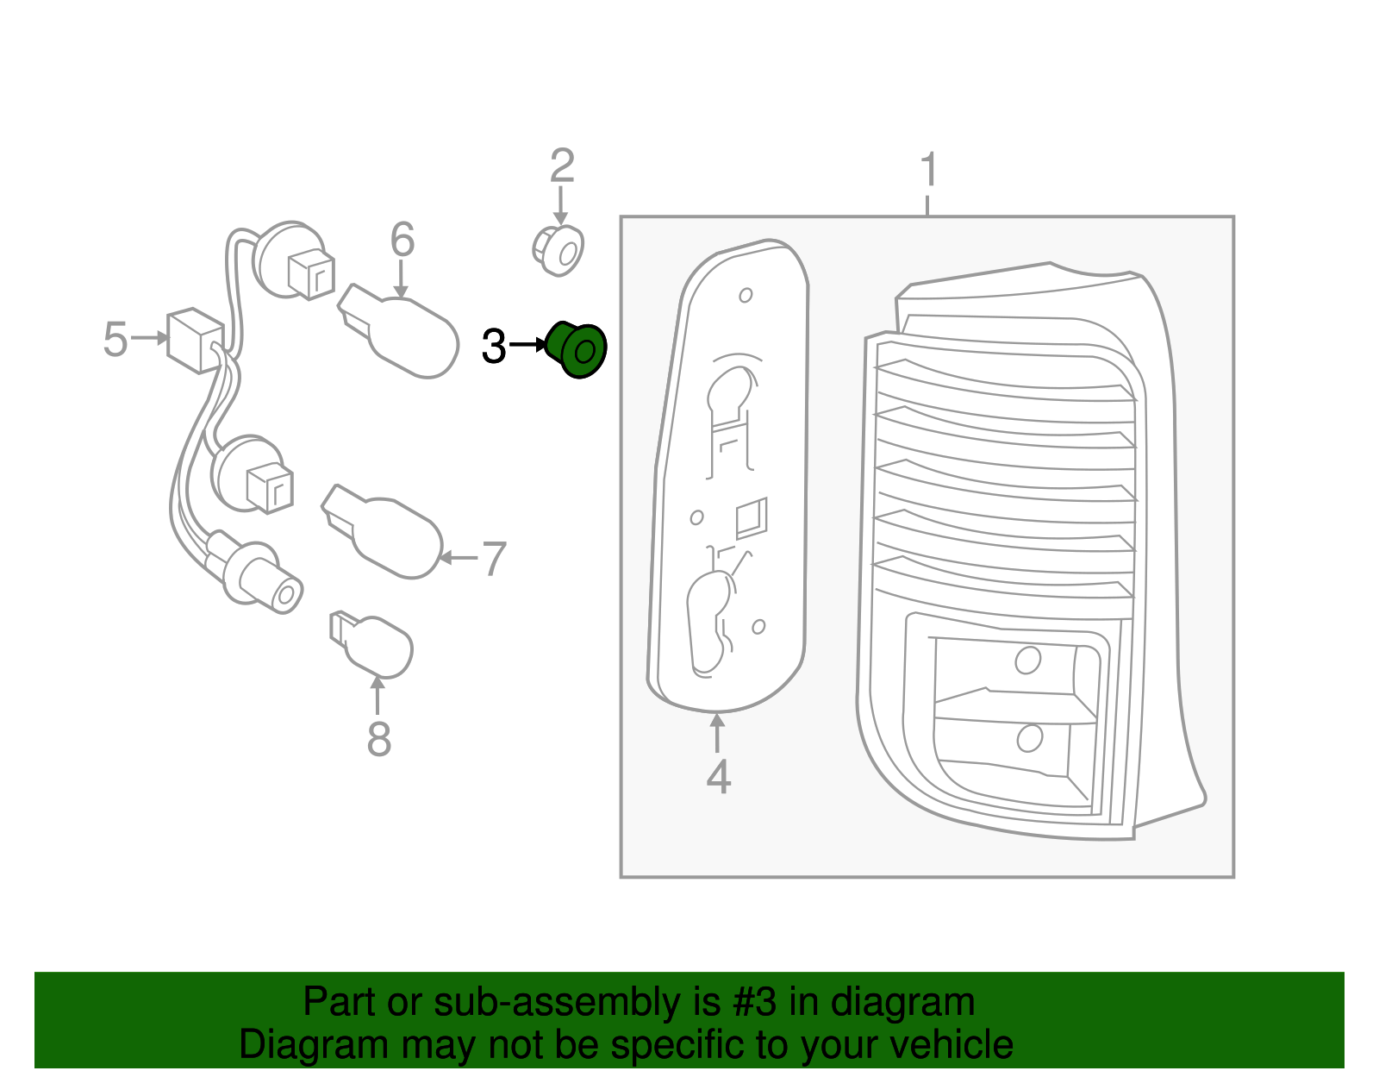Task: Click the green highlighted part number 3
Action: [577, 350]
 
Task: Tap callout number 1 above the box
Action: [928, 170]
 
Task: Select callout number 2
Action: [562, 166]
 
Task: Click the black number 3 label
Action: [494, 347]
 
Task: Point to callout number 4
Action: [718, 777]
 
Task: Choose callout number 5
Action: [115, 339]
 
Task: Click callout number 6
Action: [402, 239]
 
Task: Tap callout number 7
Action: [493, 559]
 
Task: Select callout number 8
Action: [378, 739]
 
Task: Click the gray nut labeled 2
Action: [558, 250]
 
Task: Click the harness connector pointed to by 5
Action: [195, 340]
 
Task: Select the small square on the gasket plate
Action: [751, 518]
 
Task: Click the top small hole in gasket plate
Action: [746, 296]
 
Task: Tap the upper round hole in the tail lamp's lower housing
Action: [1027, 660]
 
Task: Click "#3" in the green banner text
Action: [754, 1003]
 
